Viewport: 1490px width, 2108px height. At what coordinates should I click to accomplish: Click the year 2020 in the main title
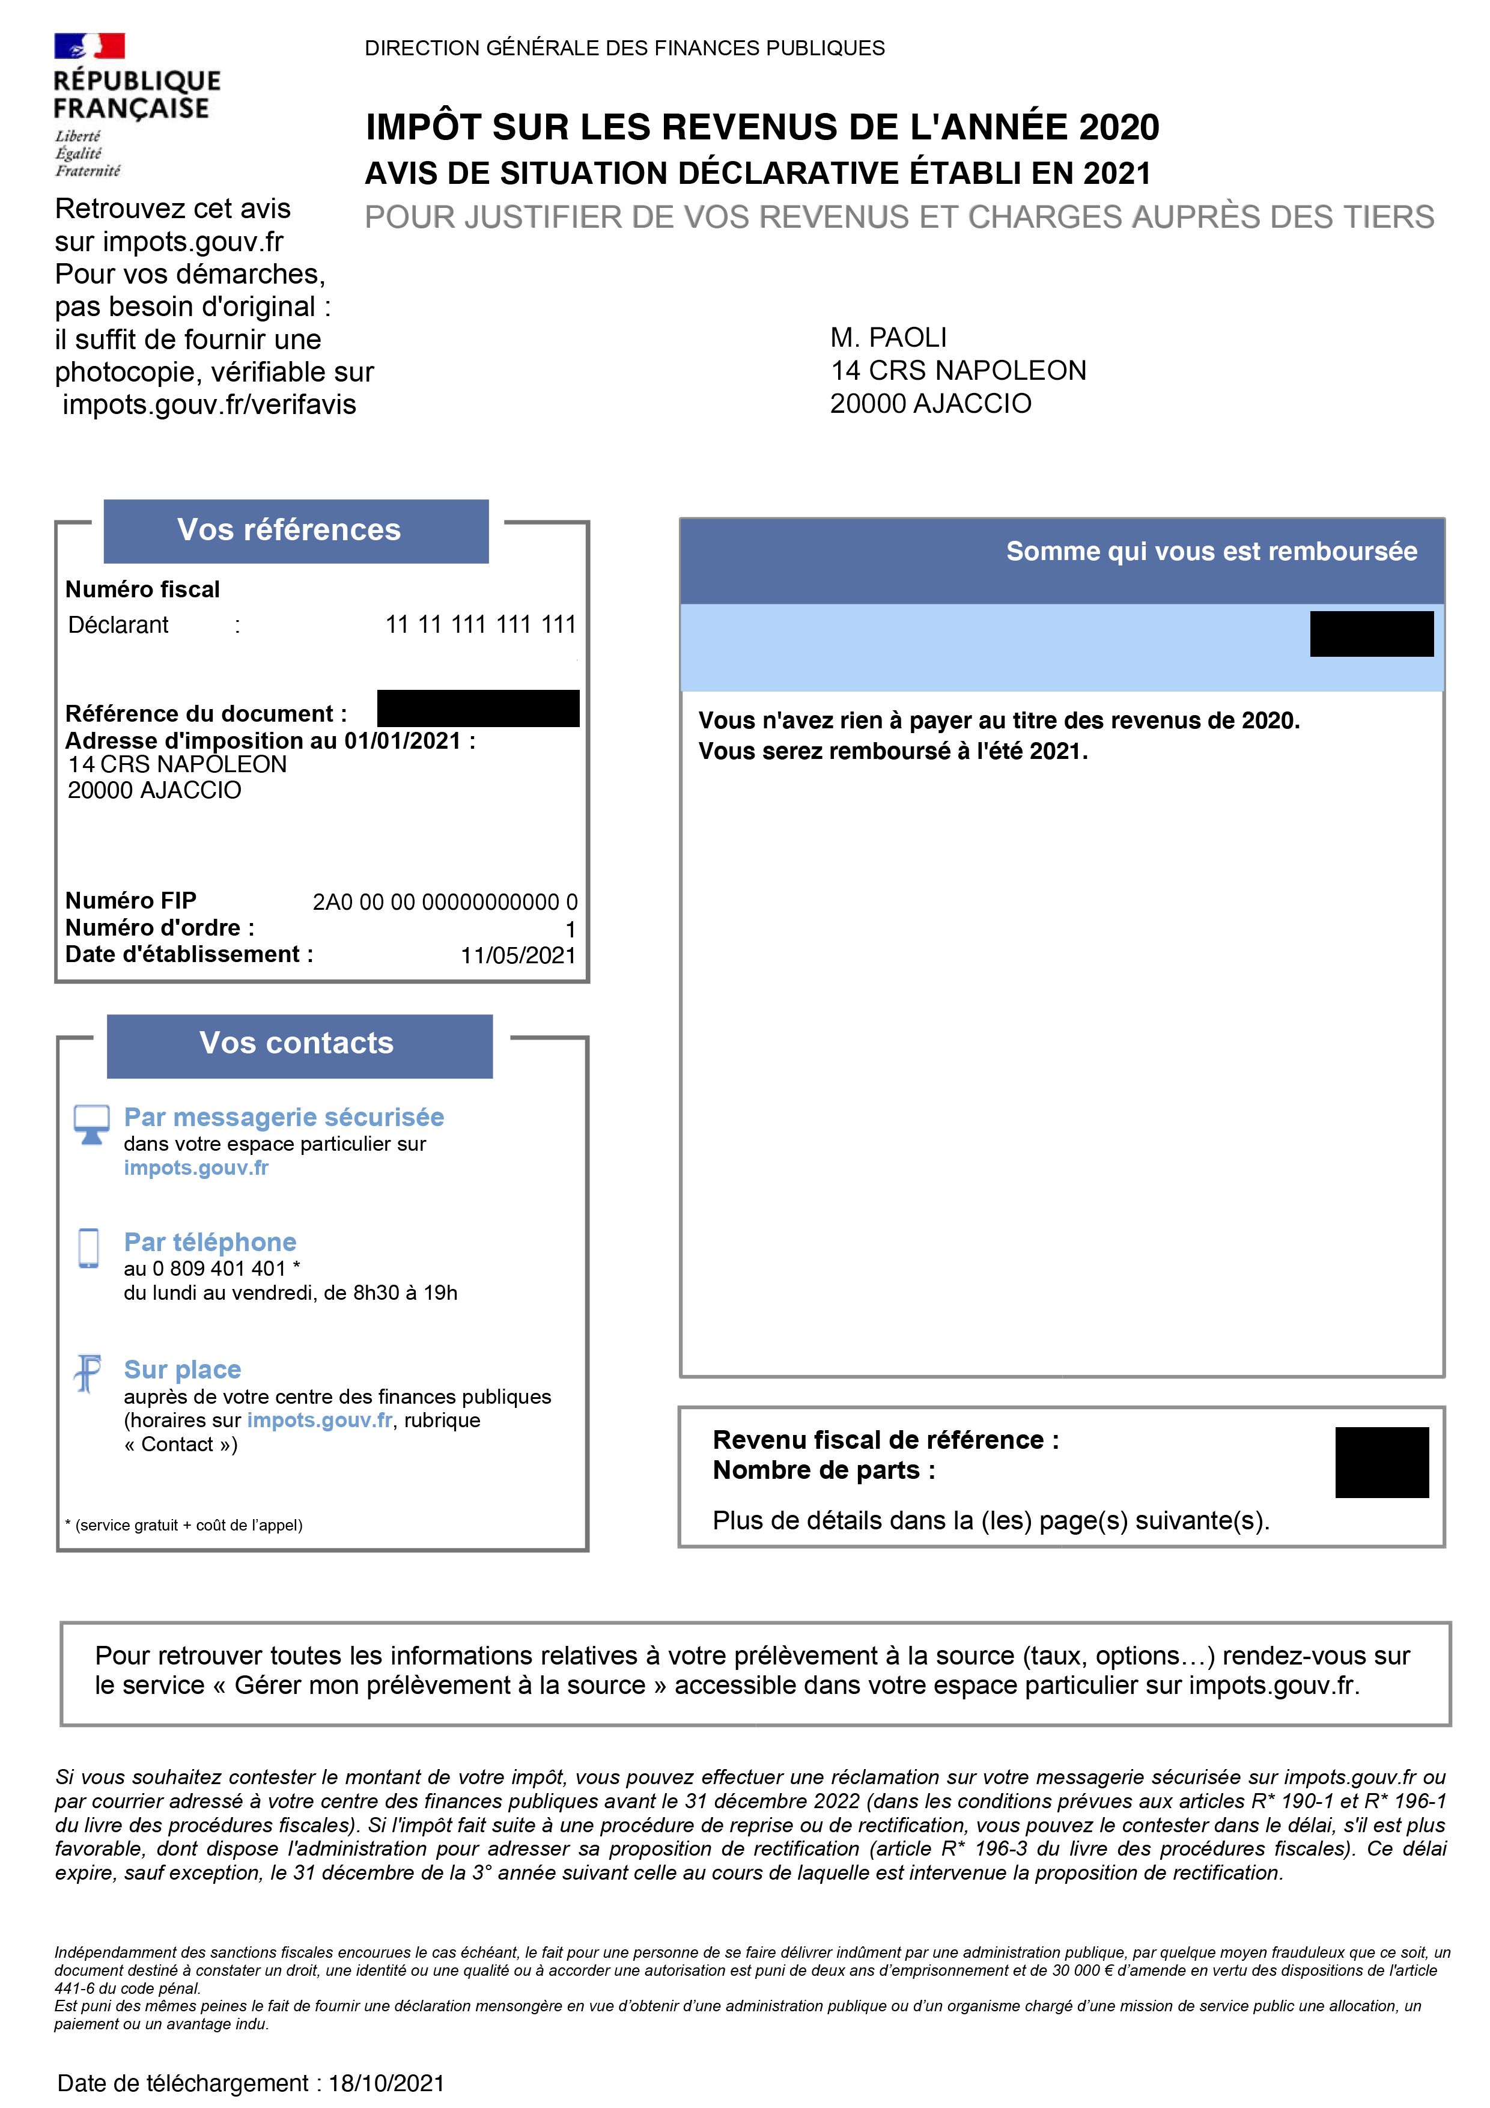click(x=1118, y=127)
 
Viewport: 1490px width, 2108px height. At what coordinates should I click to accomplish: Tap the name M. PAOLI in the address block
click(x=888, y=338)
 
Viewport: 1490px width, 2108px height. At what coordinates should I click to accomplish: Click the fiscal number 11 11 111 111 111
click(x=480, y=625)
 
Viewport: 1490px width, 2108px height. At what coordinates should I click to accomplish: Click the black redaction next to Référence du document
click(x=478, y=709)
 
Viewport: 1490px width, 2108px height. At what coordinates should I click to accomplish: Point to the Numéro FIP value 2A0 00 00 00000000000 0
click(x=445, y=903)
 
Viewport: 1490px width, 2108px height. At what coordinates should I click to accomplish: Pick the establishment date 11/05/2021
click(x=518, y=956)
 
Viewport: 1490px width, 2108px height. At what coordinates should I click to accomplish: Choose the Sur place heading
click(x=183, y=1370)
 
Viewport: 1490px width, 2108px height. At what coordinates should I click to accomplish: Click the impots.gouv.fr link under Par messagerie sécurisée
click(x=196, y=1168)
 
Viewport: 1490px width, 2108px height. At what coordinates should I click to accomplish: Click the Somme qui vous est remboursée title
click(x=1211, y=552)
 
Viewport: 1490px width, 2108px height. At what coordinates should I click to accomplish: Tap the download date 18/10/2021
click(x=386, y=2083)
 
